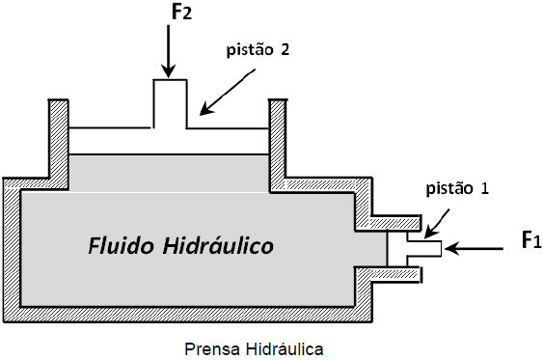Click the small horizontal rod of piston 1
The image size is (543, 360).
(424, 248)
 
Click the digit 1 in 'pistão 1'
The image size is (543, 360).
(483, 189)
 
